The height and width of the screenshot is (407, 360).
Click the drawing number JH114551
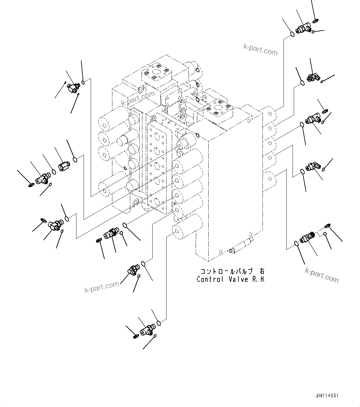(x=327, y=396)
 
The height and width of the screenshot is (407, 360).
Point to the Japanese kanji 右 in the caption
(x=262, y=271)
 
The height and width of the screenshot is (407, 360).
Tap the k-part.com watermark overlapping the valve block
(x=138, y=99)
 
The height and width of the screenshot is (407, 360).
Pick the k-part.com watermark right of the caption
(x=322, y=275)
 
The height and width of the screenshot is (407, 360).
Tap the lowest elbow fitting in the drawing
(x=146, y=330)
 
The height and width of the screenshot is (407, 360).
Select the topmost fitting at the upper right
(x=302, y=30)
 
